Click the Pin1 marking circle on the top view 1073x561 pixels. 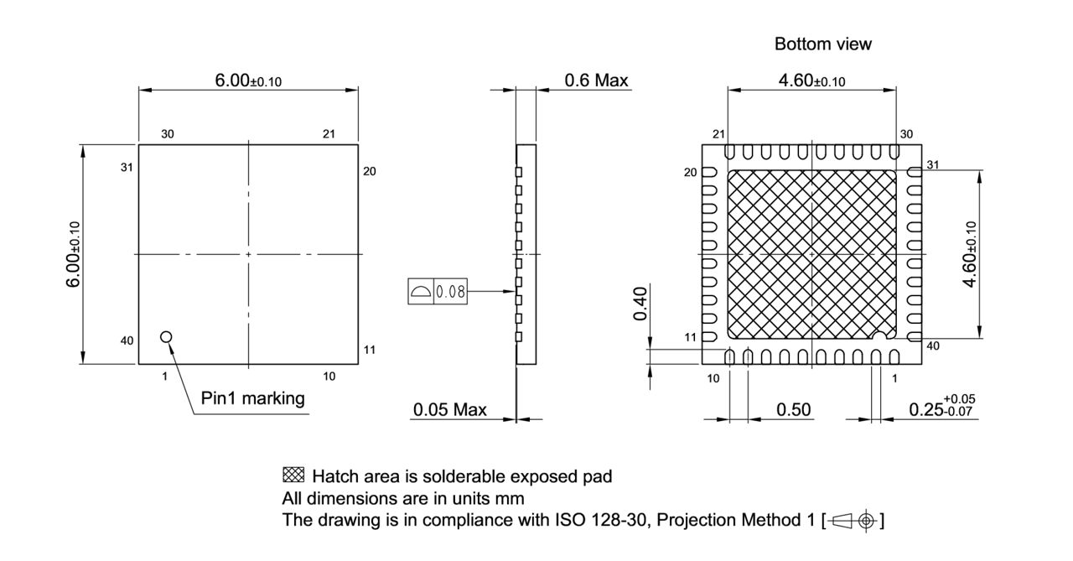[x=166, y=336]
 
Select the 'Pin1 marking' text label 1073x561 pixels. [x=253, y=397]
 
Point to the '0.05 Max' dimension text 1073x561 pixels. [x=449, y=410]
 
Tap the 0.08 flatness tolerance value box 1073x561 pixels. [x=451, y=292]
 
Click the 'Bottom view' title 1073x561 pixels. [x=822, y=44]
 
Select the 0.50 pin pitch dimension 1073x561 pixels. [x=793, y=409]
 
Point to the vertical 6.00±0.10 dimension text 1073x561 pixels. [x=74, y=255]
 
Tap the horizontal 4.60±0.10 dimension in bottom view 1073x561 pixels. [x=811, y=81]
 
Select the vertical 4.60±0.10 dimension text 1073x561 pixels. [x=970, y=255]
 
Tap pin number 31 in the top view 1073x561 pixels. [x=127, y=167]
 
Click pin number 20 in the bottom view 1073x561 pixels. [x=690, y=173]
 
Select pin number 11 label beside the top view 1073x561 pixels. [x=370, y=349]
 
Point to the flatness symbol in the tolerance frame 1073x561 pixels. [x=421, y=292]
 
